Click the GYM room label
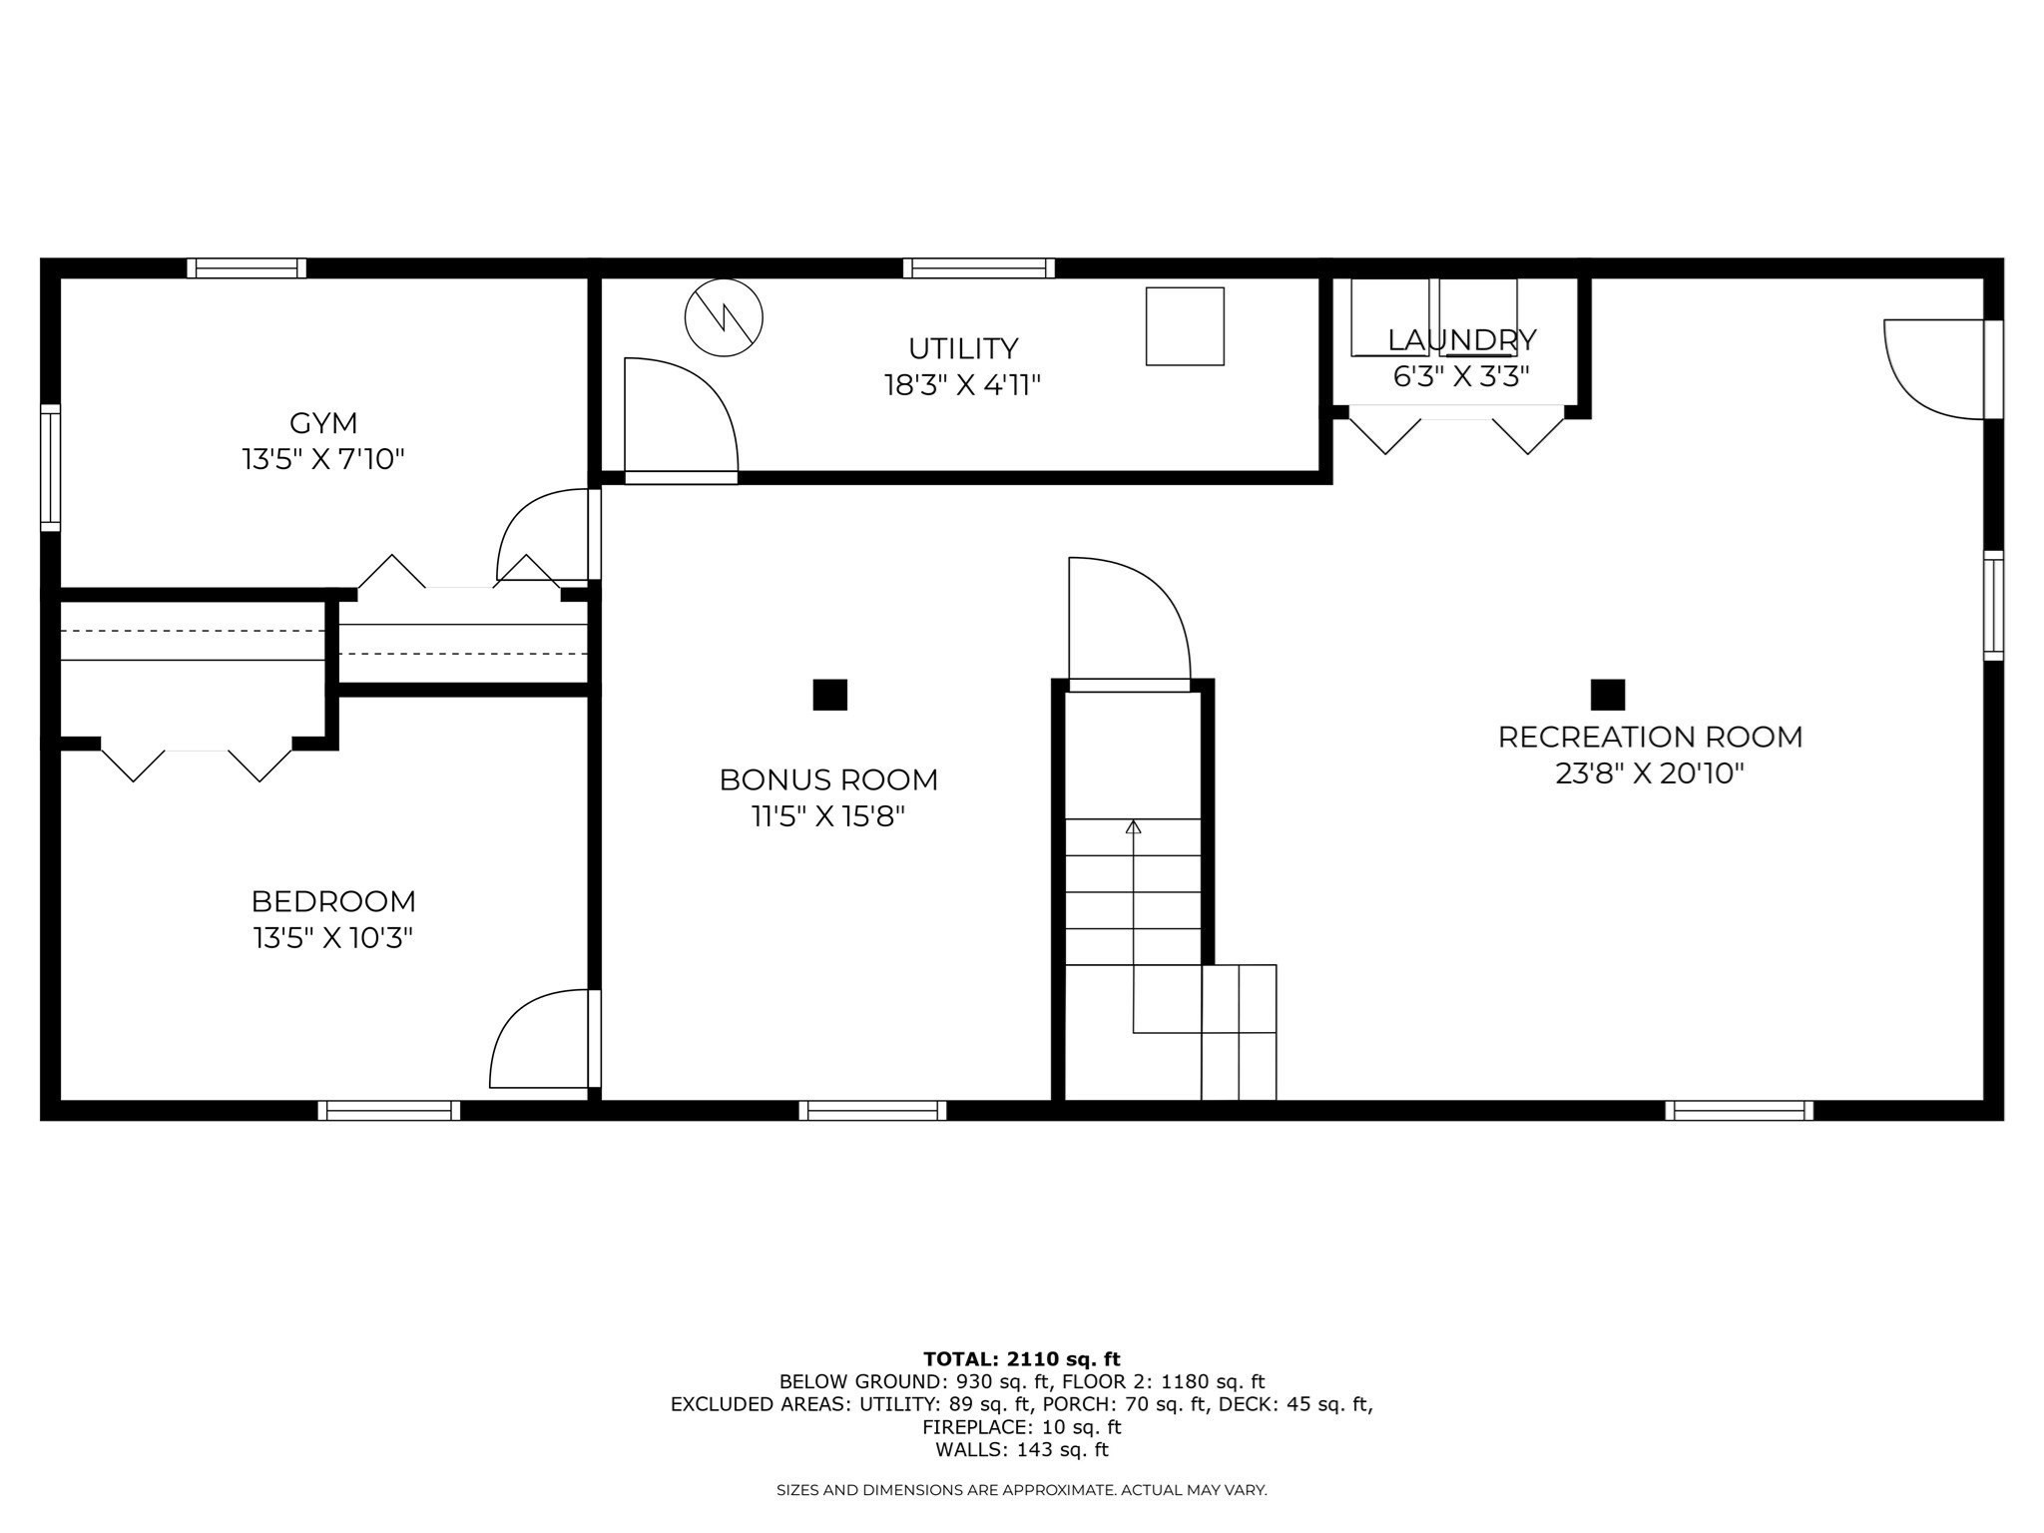click(x=323, y=423)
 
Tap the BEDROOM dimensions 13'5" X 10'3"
click(x=333, y=938)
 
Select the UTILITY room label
click(x=963, y=348)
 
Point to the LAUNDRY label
click(x=1461, y=340)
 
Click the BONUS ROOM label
click(x=828, y=779)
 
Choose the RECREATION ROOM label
click(x=1650, y=738)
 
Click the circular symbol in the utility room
click(x=724, y=317)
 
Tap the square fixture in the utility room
click(x=1185, y=326)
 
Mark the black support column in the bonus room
click(x=830, y=695)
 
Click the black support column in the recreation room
click(x=1608, y=695)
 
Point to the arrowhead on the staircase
click(x=1133, y=826)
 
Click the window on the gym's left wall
click(x=50, y=467)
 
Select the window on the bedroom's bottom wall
click(x=389, y=1110)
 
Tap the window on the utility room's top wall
click(x=979, y=267)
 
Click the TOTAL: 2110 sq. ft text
click(x=1022, y=1358)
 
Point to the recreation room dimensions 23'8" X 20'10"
click(x=1650, y=773)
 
